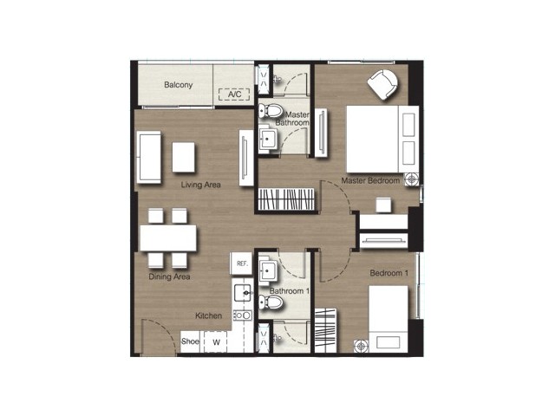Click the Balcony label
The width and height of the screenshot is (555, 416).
pos(178,85)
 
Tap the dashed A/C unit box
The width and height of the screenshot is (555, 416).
pos(234,94)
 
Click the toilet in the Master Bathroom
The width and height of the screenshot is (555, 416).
pos(270,111)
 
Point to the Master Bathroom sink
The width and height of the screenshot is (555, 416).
pos(268,139)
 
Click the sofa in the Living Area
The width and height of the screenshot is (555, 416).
pos(148,157)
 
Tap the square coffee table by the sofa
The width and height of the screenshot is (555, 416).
pos(183,157)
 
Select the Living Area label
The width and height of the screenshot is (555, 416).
pos(200,185)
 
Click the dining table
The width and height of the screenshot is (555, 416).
pos(168,238)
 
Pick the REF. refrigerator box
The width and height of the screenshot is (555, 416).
pos(241,263)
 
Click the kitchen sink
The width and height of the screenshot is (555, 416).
pos(243,293)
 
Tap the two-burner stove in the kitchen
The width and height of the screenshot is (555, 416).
pos(243,315)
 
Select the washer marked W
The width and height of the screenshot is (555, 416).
pos(216,342)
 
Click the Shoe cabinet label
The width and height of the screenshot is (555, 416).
pos(190,341)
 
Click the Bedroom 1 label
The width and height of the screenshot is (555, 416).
pos(389,273)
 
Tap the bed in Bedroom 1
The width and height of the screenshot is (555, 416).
pos(388,319)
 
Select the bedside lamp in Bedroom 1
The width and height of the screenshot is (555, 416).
pos(361,346)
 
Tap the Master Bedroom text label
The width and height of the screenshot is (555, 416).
pos(370,180)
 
